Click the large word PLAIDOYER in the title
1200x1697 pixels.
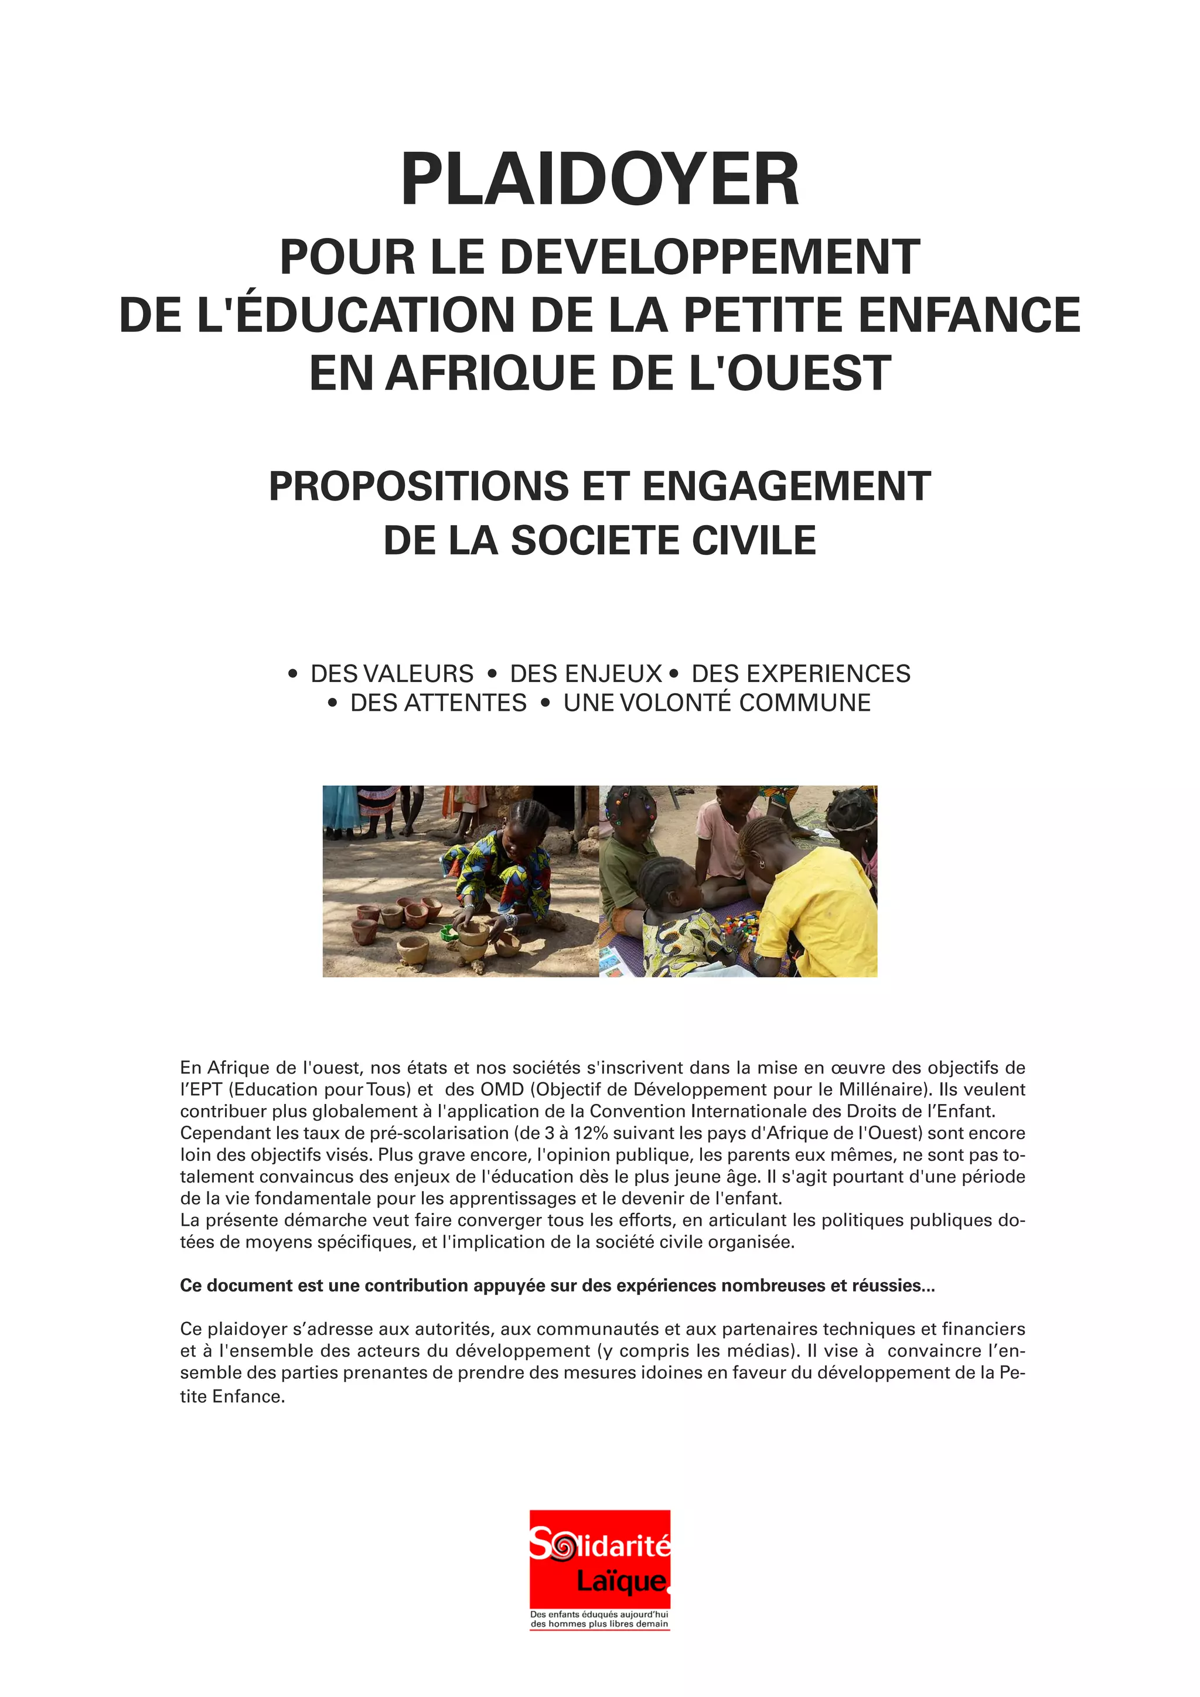tap(599, 180)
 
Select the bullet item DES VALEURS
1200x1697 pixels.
tap(391, 673)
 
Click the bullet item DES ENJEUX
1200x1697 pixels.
tap(585, 673)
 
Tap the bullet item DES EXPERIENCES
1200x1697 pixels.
tap(801, 673)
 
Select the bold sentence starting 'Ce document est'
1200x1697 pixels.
tap(557, 1285)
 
